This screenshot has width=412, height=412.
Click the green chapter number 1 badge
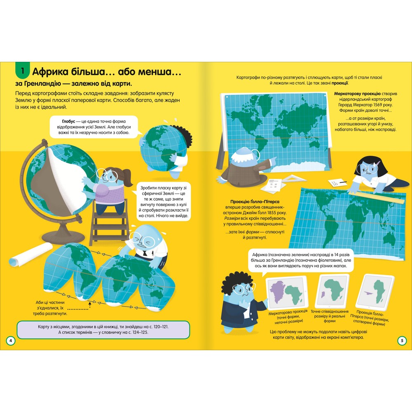(22, 71)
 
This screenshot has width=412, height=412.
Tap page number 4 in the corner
(11, 341)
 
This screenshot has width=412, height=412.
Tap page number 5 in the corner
(402, 341)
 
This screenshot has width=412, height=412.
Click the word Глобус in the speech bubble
(68, 122)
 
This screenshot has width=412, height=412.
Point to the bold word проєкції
(340, 83)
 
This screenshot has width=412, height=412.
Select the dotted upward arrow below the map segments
(89, 305)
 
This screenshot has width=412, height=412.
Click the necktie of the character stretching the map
(145, 254)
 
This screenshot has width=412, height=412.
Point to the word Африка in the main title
(48, 72)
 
